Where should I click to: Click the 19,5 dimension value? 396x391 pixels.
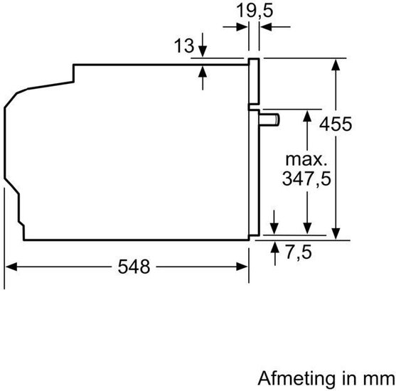(255, 11)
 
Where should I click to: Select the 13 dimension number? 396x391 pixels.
(184, 46)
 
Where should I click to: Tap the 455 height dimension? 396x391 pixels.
(336, 124)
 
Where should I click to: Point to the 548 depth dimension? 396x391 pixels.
(134, 267)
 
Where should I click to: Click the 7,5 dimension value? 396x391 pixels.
(299, 252)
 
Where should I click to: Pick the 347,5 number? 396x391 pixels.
(306, 178)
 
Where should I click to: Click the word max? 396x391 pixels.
(306, 160)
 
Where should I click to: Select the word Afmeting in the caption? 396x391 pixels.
(296, 378)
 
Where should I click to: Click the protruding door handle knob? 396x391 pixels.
(269, 119)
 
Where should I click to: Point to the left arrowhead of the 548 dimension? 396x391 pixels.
(11, 267)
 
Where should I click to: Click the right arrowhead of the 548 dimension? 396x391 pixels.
(242, 267)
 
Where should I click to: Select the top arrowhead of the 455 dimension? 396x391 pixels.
(336, 65)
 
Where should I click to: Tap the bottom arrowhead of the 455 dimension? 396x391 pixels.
(336, 233)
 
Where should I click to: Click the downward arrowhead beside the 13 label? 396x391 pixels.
(203, 51)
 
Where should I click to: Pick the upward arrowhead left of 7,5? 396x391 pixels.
(275, 247)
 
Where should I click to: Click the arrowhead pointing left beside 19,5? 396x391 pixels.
(266, 27)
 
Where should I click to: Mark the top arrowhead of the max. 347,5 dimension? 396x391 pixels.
(307, 116)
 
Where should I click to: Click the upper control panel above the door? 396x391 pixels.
(254, 81)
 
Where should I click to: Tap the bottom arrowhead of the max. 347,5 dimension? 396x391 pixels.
(307, 228)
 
